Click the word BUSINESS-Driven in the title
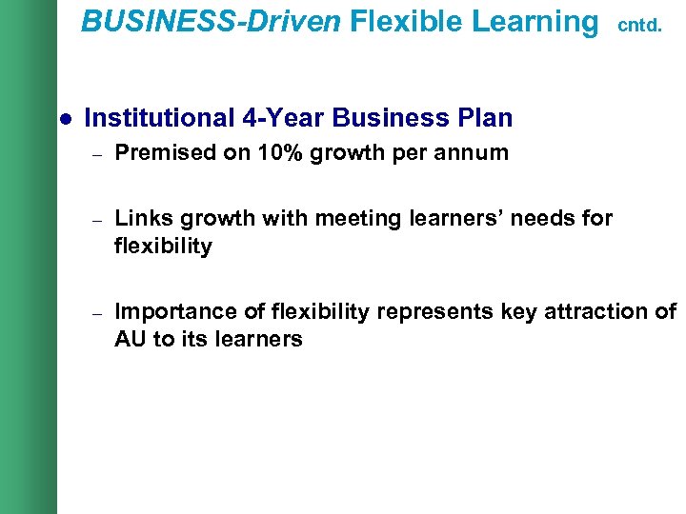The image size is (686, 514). tap(211, 21)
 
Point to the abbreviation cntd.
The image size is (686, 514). tap(639, 26)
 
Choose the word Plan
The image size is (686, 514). tap(485, 118)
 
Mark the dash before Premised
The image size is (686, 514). tap(96, 153)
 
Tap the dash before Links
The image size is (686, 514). tap(96, 219)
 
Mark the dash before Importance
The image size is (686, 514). tap(96, 312)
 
